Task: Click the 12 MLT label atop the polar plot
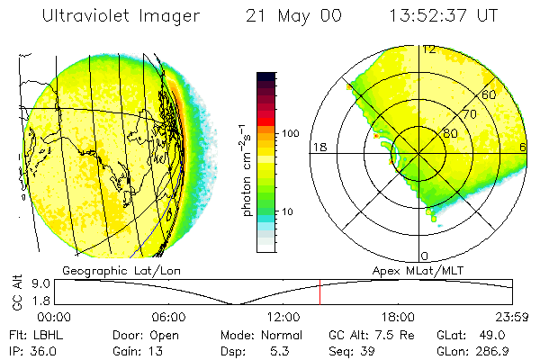pyautogui.click(x=429, y=49)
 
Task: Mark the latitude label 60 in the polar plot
pyautogui.click(x=489, y=94)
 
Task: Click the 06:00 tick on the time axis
pyautogui.click(x=168, y=318)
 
